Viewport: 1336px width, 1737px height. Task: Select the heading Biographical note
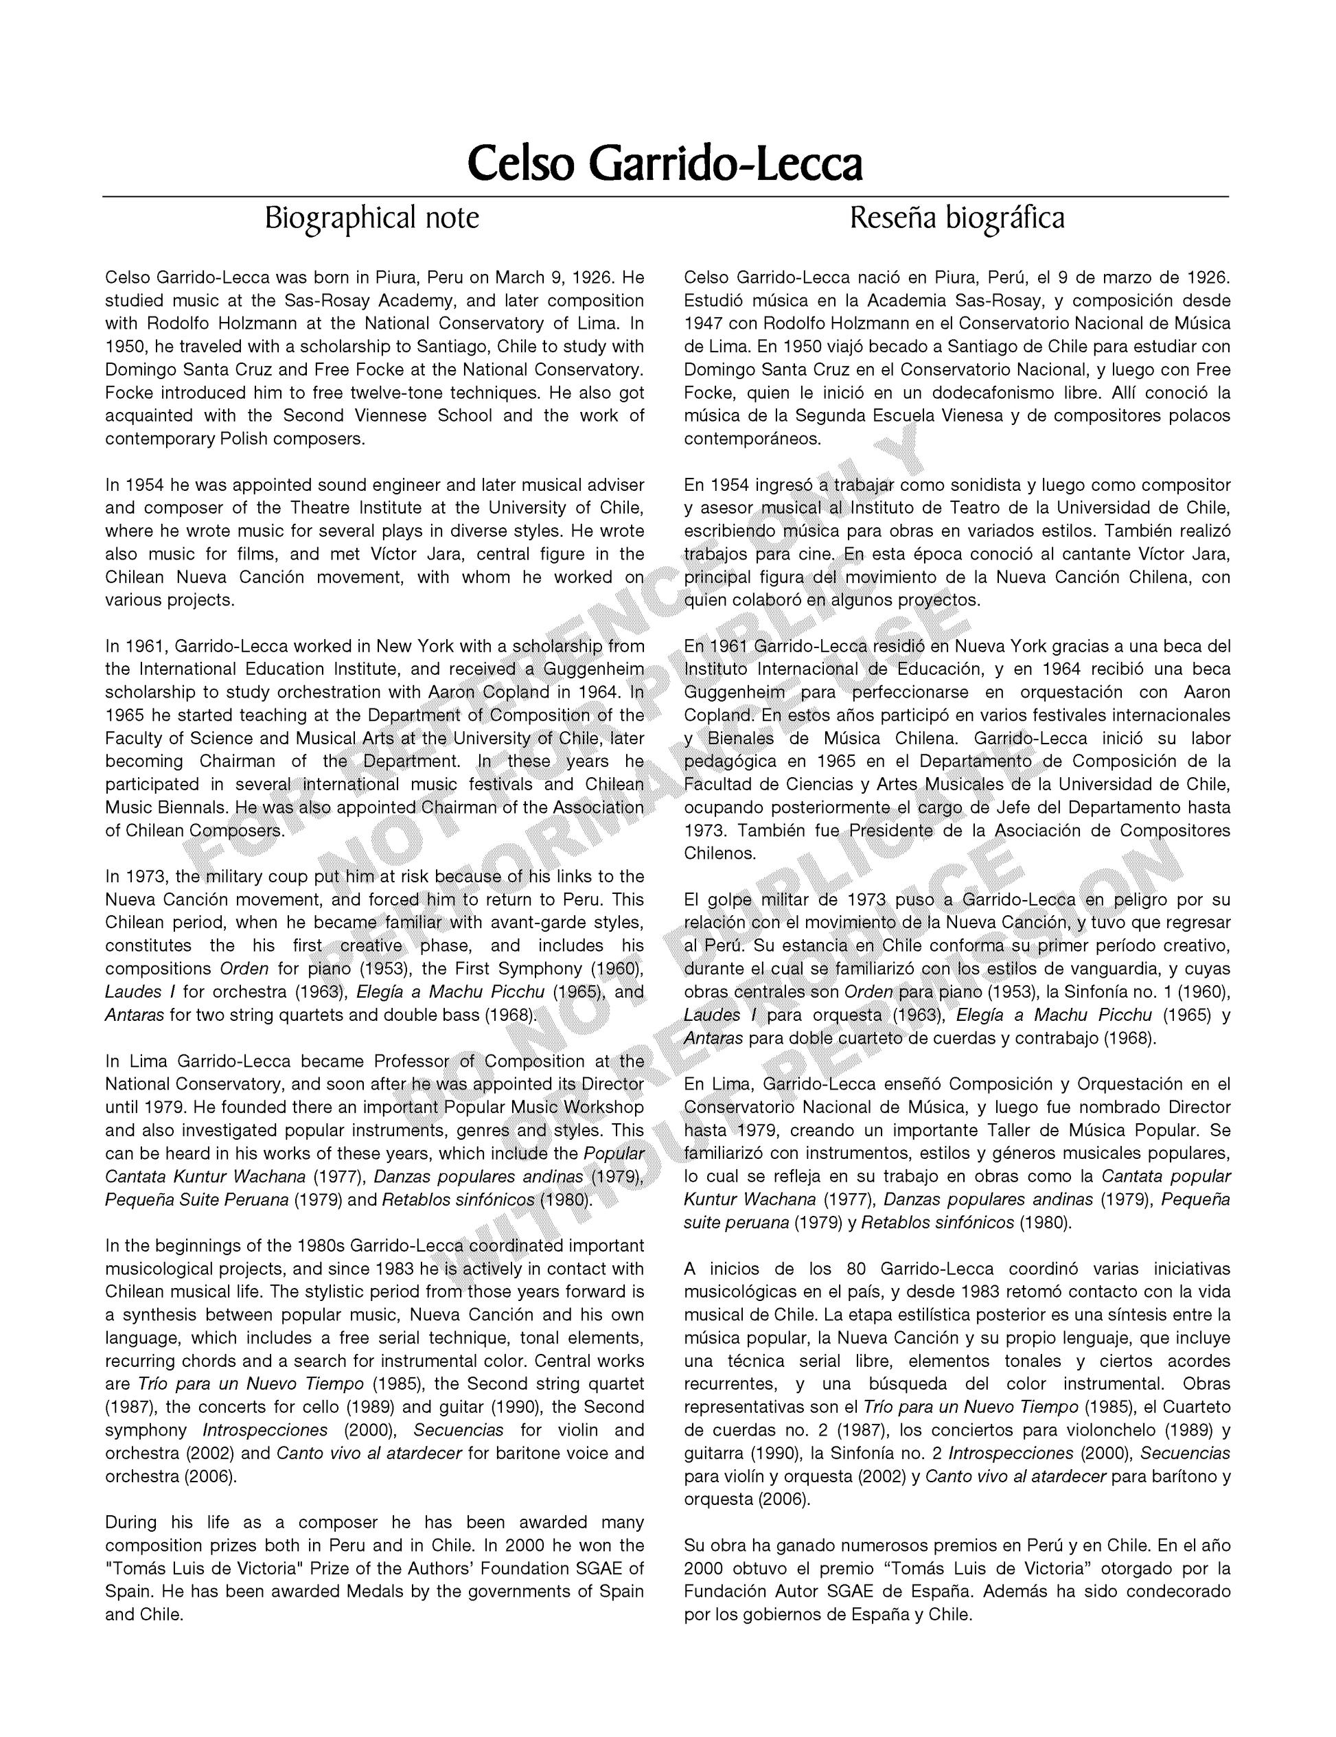pos(371,217)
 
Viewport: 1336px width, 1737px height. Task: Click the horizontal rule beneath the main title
pos(665,196)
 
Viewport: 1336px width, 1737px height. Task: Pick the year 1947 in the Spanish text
pos(704,323)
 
